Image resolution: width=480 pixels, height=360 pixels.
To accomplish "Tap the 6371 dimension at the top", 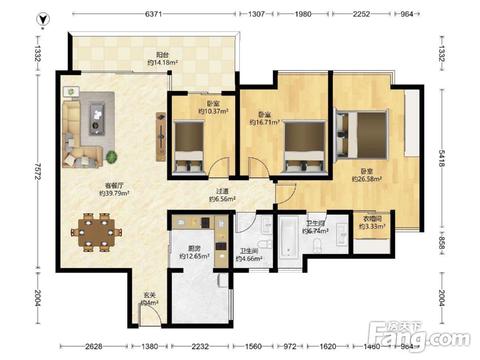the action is click(x=153, y=14).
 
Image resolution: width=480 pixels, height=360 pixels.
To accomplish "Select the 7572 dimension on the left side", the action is click(x=38, y=171).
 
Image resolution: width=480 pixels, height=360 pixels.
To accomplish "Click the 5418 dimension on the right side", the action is click(x=441, y=158).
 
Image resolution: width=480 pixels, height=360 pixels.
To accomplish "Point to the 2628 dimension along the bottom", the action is click(x=94, y=346).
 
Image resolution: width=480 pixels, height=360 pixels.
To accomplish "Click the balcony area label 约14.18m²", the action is click(x=163, y=62).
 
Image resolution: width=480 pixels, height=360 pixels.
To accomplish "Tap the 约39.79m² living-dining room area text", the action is click(x=114, y=193).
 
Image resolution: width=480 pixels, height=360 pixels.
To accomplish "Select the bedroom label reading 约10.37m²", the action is click(x=213, y=111).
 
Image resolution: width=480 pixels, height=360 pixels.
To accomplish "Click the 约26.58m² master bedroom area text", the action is click(x=367, y=179).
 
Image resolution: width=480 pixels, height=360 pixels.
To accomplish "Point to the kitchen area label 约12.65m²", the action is click(x=194, y=256).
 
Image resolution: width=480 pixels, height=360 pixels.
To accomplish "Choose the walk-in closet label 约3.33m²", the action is click(x=372, y=227).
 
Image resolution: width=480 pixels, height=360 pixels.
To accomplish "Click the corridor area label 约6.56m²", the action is click(x=222, y=199).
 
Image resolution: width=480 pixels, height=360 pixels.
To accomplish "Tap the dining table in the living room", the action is click(x=97, y=232).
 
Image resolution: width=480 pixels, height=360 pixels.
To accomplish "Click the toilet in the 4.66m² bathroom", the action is click(x=265, y=244).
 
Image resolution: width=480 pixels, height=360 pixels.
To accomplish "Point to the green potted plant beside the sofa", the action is click(x=112, y=157).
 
